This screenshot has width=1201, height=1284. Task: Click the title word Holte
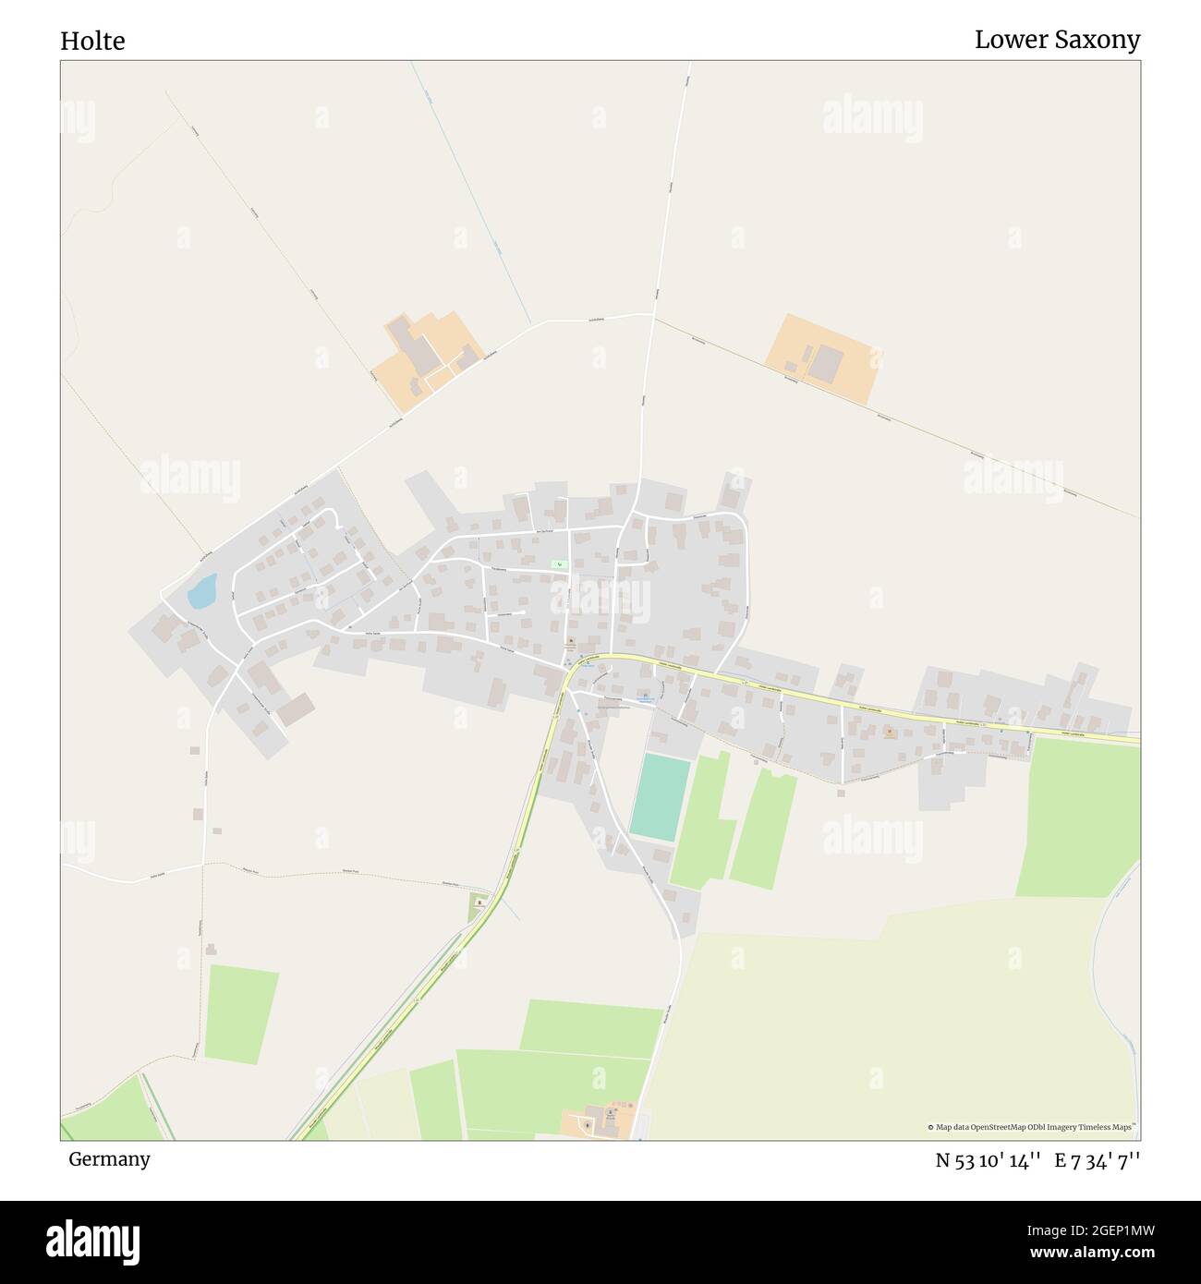pyautogui.click(x=92, y=42)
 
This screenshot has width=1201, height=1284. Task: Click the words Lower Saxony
pyautogui.click(x=1057, y=40)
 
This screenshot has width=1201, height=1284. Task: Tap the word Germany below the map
pyautogui.click(x=109, y=1158)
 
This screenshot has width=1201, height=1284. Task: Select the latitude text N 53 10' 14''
pyautogui.click(x=989, y=1160)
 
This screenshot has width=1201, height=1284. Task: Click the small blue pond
pyautogui.click(x=201, y=591)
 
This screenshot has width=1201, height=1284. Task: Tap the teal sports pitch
pyautogui.click(x=661, y=797)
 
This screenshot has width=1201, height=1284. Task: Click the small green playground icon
pyautogui.click(x=559, y=564)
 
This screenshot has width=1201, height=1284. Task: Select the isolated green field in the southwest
pyautogui.click(x=241, y=1014)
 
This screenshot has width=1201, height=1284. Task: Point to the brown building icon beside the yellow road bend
pyautogui.click(x=571, y=642)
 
